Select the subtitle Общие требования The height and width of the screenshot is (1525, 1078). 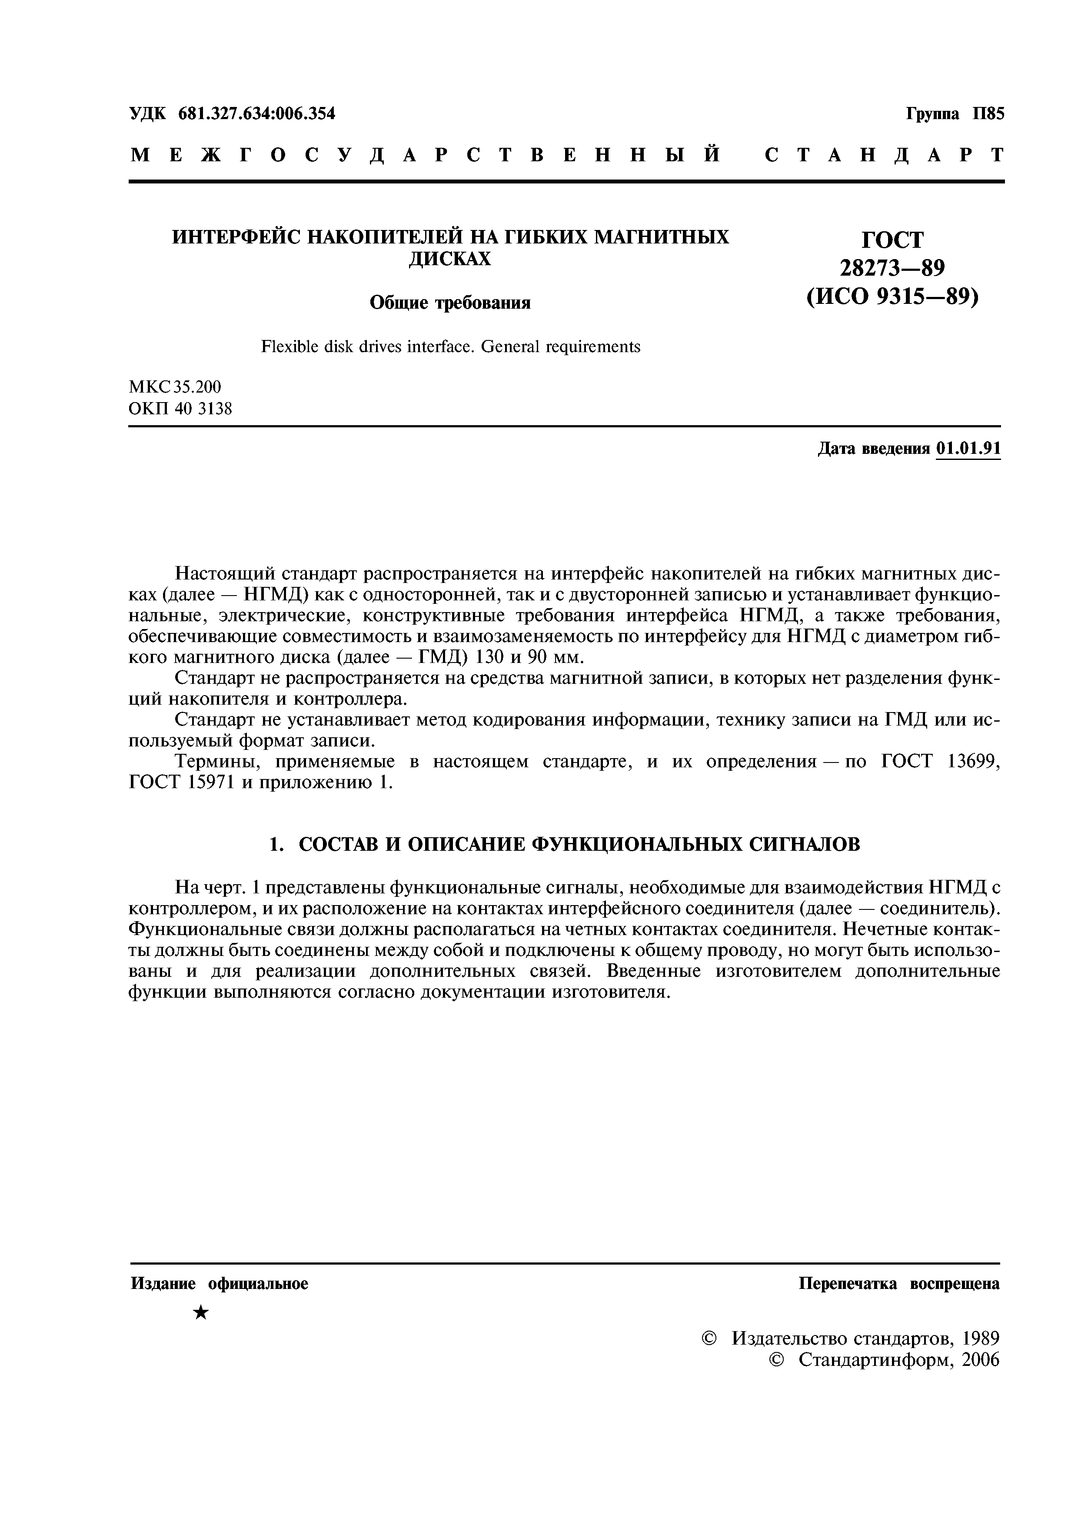(x=449, y=303)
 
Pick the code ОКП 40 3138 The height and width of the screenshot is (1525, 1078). (x=180, y=409)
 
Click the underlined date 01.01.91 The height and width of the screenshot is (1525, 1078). (x=968, y=449)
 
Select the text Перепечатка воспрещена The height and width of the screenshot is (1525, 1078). (x=898, y=1284)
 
